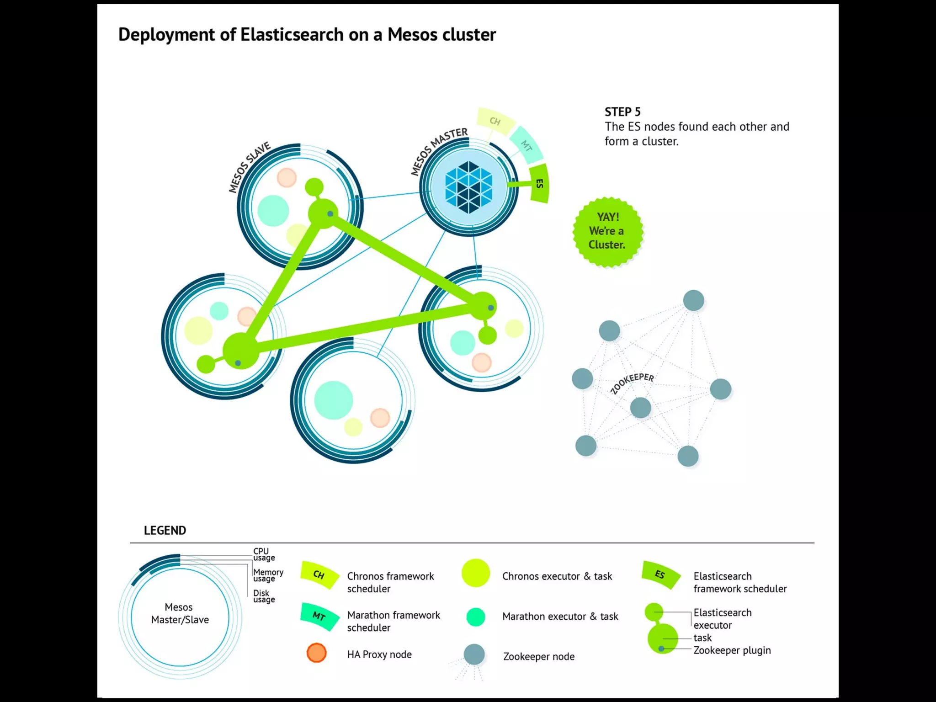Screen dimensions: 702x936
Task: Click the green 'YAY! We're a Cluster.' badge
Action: click(x=607, y=231)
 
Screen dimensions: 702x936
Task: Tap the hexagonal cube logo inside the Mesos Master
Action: click(x=468, y=187)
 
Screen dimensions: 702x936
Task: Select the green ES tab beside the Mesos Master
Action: click(x=539, y=184)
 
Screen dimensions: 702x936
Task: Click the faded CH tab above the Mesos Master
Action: click(x=495, y=121)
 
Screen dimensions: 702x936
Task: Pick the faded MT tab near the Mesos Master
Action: click(x=526, y=145)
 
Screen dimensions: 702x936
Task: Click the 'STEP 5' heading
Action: click(x=622, y=112)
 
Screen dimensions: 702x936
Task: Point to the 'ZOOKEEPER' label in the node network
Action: click(x=632, y=383)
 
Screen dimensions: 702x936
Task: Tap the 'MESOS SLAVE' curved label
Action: click(x=250, y=167)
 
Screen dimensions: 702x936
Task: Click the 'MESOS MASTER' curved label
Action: click(x=438, y=150)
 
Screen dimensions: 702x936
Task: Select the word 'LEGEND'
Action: click(x=165, y=531)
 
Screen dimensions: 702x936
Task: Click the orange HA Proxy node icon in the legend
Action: click(x=316, y=653)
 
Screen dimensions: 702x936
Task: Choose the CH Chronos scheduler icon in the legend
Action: click(x=319, y=574)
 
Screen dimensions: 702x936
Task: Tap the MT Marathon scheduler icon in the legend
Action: click(x=319, y=616)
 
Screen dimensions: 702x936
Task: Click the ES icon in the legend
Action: click(x=660, y=574)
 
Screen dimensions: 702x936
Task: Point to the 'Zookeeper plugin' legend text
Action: click(x=732, y=650)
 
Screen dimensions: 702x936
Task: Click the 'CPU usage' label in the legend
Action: click(x=264, y=554)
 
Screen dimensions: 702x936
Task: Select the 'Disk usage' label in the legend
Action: click(x=264, y=596)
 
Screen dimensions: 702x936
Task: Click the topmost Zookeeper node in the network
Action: click(x=693, y=301)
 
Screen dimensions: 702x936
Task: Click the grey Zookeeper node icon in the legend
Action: click(x=474, y=654)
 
